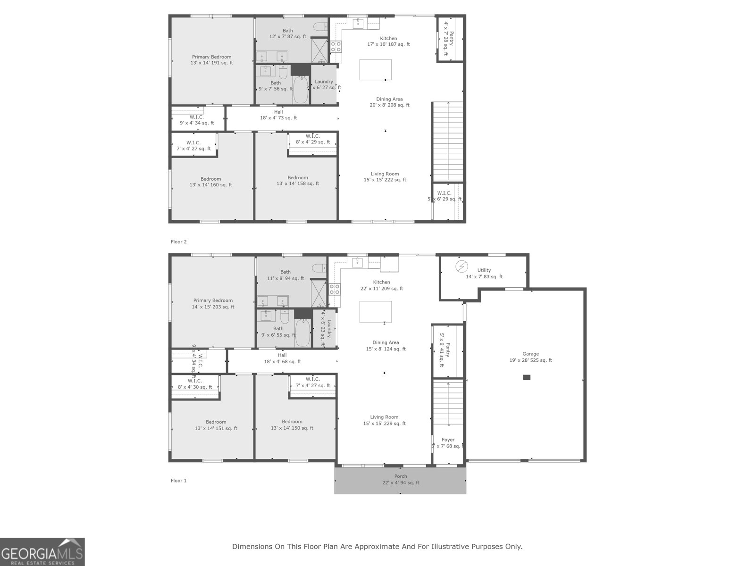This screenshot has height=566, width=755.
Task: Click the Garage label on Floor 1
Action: click(530, 357)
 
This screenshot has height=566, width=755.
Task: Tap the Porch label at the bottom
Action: click(401, 479)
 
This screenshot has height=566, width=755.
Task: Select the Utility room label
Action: click(484, 274)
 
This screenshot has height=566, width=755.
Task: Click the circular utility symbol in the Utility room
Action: click(461, 266)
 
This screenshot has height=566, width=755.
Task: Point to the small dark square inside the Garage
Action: click(527, 377)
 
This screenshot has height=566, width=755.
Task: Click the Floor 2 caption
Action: click(178, 241)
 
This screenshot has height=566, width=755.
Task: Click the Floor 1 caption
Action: click(178, 481)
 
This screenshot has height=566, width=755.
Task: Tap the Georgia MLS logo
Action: click(42, 552)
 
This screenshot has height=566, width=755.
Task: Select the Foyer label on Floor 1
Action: click(448, 442)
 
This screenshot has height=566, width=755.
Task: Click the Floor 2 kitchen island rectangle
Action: click(375, 70)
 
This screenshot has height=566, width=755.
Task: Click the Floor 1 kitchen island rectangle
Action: click(375, 312)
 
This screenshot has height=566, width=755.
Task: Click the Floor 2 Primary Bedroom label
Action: click(211, 59)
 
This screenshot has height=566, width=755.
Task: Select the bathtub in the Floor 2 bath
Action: click(301, 91)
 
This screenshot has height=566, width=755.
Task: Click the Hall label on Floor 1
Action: click(282, 358)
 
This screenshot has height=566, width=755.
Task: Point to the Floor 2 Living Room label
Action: click(385, 176)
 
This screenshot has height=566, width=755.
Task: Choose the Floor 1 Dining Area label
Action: click(386, 346)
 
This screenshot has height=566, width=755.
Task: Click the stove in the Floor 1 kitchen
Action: click(335, 289)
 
